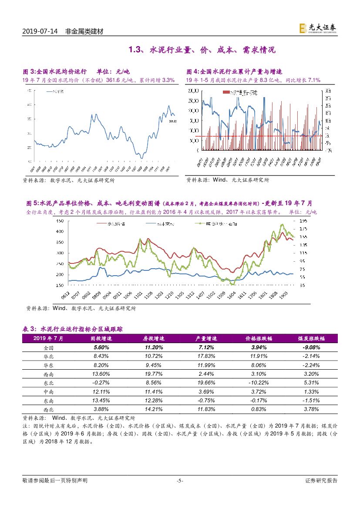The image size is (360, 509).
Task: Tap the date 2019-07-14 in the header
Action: point(40,32)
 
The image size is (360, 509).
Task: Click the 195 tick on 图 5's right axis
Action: point(303,221)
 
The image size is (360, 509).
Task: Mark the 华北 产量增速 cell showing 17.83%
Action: point(201,357)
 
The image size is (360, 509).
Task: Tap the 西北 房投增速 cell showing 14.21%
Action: point(152,409)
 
